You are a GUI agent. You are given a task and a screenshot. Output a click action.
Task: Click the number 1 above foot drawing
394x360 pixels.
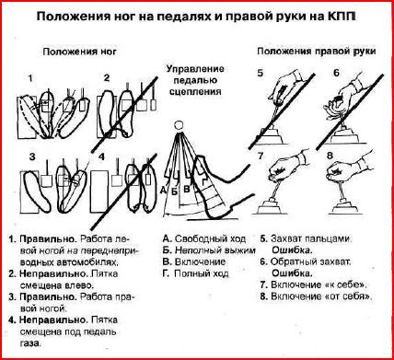click(x=30, y=78)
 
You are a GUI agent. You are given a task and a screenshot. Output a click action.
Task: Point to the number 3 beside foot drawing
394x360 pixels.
click(x=30, y=157)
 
